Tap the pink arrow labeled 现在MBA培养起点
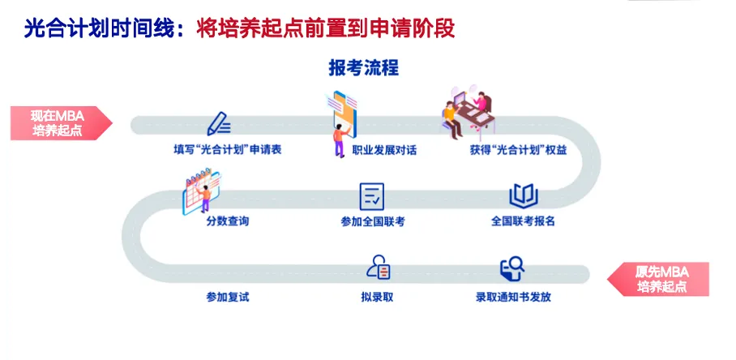[x=58, y=122]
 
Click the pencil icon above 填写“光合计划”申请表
[x=219, y=124]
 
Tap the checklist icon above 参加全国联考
[x=372, y=195]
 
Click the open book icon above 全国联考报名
[x=523, y=195]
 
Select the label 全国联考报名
[x=523, y=221]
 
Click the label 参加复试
[x=228, y=297]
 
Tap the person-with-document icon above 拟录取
[x=379, y=268]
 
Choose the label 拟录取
[x=377, y=297]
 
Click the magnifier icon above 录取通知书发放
[x=512, y=268]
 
